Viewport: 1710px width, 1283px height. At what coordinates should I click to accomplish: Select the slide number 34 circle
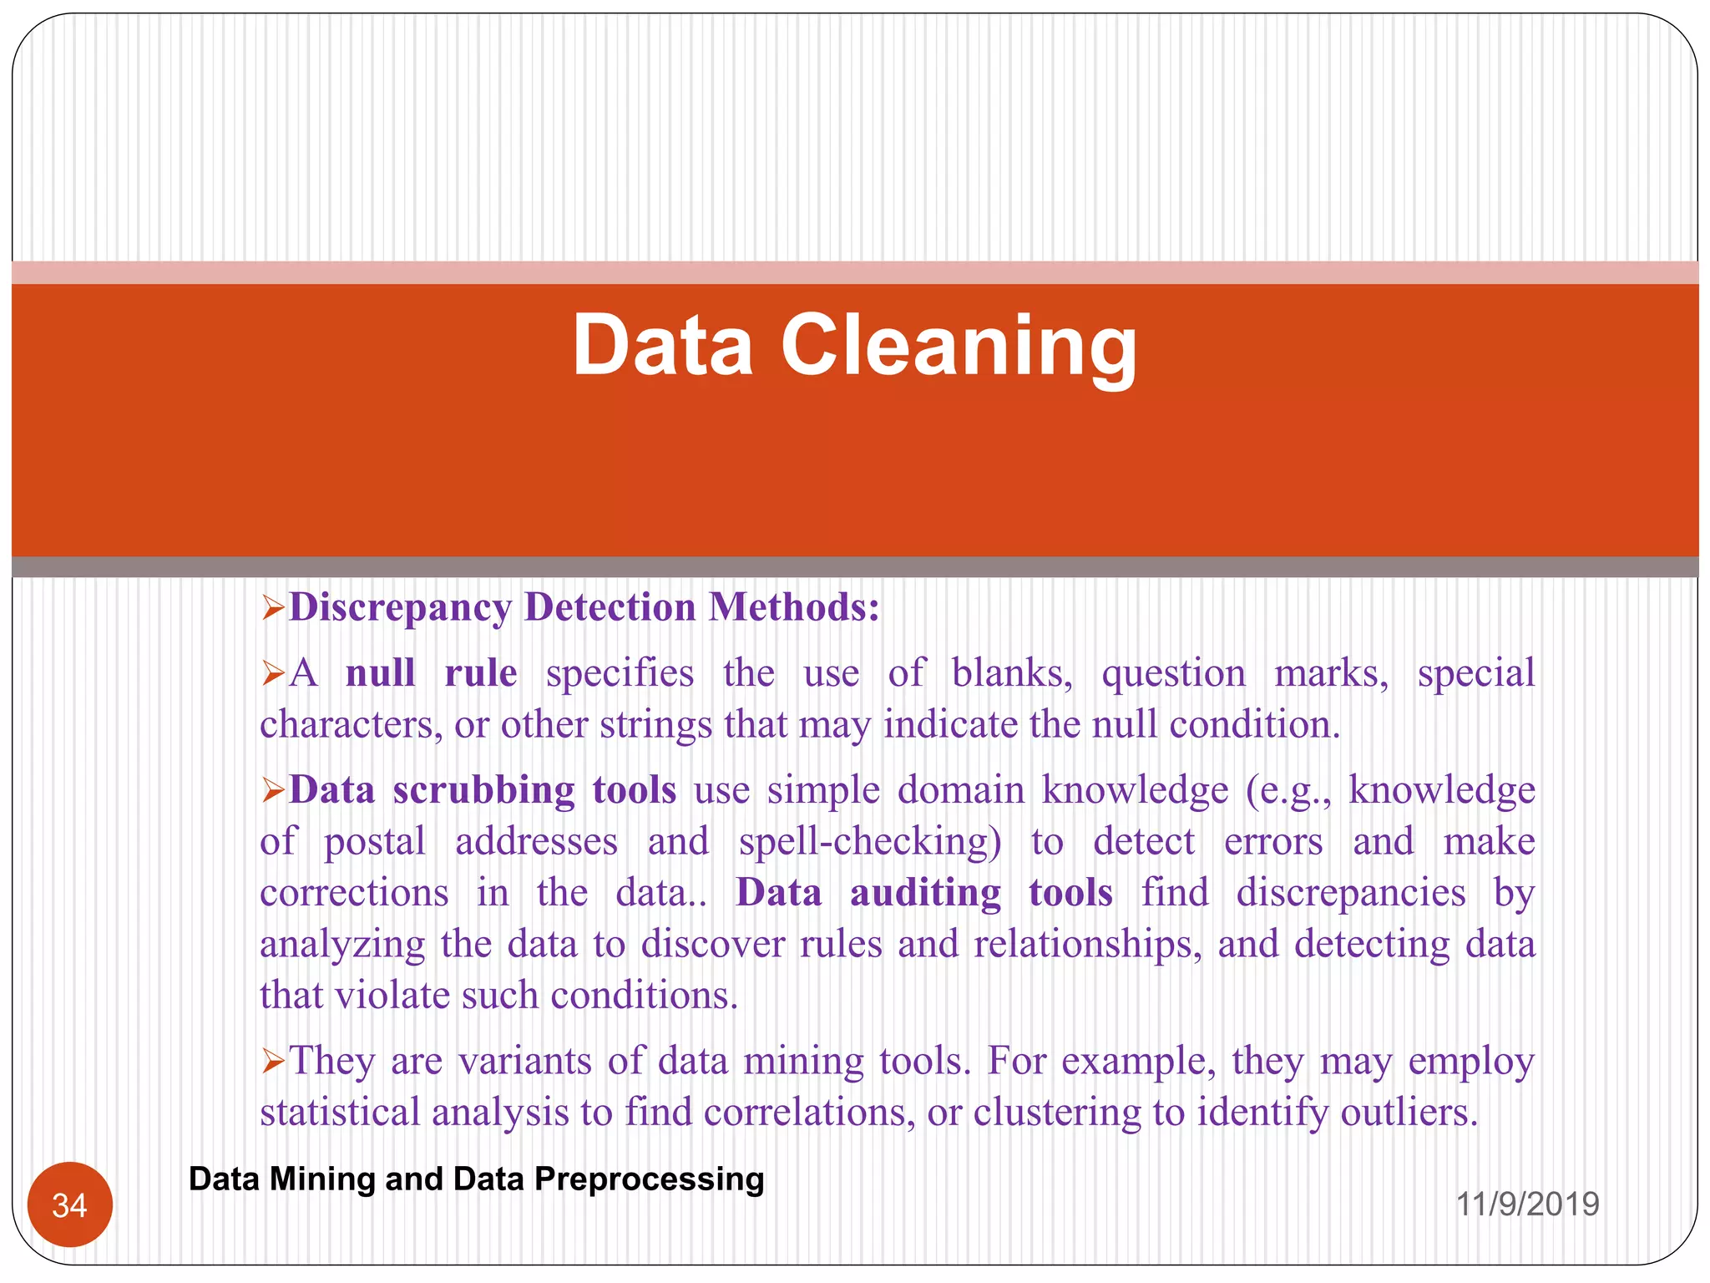coord(70,1204)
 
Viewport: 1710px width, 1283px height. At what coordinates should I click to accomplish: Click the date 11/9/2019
coord(1527,1204)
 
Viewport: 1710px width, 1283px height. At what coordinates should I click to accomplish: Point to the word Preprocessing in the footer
coord(649,1179)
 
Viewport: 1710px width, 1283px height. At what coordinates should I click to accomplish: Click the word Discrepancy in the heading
coord(400,607)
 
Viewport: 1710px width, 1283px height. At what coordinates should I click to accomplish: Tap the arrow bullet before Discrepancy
coord(273,608)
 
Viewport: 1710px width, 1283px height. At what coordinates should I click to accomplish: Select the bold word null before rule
coord(381,672)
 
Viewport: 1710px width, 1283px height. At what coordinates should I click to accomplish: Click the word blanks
coord(1012,672)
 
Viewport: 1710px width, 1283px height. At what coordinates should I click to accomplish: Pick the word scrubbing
coord(483,789)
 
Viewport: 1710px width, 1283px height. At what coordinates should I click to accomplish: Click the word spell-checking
coord(870,841)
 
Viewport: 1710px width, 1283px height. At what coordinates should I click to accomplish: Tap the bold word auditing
coord(925,892)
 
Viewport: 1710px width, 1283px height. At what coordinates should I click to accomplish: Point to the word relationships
coord(1087,944)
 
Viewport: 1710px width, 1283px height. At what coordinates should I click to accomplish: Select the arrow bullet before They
coord(273,1062)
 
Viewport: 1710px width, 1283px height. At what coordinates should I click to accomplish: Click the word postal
coord(375,841)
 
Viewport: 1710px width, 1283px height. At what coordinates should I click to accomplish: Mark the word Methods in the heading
coord(793,607)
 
